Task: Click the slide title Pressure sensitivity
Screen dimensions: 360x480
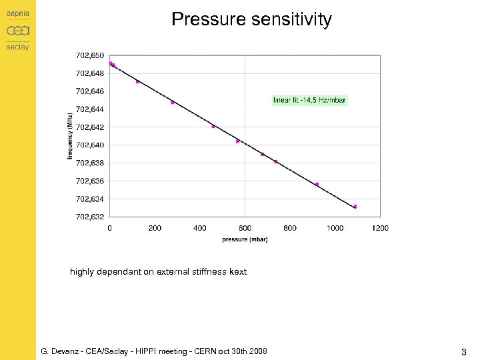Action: tap(251, 19)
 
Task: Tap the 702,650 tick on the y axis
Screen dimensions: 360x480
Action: tap(90, 55)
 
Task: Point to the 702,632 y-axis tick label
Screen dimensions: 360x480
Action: tap(90, 217)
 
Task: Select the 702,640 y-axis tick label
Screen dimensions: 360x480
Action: tap(90, 145)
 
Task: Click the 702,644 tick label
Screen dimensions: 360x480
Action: tap(90, 109)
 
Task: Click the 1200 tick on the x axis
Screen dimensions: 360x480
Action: tap(380, 228)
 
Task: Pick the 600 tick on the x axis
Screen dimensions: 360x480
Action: tap(245, 228)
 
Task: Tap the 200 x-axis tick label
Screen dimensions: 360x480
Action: tap(155, 228)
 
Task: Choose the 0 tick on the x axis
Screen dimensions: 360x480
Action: tap(110, 228)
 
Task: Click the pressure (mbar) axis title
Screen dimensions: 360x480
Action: tap(245, 240)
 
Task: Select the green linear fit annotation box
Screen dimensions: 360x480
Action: tap(310, 100)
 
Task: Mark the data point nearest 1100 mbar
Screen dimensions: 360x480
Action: tap(355, 207)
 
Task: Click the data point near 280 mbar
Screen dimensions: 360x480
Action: tap(172, 103)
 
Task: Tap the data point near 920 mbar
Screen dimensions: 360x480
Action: tap(317, 185)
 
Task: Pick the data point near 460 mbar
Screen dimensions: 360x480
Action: tap(213, 127)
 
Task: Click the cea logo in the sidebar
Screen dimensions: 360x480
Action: tap(18, 31)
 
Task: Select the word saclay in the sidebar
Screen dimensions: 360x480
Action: tap(18, 47)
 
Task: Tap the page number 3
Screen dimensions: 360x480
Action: tap(463, 351)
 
